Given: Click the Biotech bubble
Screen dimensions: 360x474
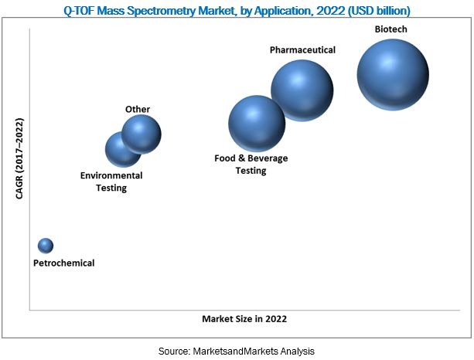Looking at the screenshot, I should [392, 74].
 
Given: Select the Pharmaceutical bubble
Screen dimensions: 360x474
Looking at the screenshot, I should [302, 91].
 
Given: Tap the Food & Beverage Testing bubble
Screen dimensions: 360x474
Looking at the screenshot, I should [257, 124].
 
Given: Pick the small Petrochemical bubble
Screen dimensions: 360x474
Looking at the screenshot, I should [46, 246].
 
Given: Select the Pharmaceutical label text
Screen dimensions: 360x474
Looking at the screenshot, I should [302, 50].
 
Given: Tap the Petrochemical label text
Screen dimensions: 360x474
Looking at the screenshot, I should [63, 263].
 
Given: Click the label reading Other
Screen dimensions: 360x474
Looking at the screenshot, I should [138, 110].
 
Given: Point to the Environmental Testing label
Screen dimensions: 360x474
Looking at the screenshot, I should [111, 182].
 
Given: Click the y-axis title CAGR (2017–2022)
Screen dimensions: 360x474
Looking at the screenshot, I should [19, 158].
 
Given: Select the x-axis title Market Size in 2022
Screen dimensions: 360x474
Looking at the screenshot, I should [249, 318].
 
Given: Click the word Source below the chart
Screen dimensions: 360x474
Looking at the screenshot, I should [174, 352].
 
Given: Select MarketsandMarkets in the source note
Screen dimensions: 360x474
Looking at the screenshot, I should [237, 352].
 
